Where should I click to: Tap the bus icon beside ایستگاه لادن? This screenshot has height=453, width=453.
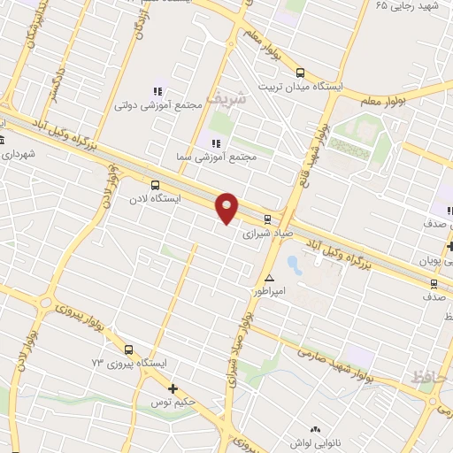156,186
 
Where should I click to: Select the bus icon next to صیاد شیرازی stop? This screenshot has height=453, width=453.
267,218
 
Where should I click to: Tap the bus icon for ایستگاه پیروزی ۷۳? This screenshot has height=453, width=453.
129,349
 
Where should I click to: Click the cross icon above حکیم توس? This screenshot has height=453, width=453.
173,388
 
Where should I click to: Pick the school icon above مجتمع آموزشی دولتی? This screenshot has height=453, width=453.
158,91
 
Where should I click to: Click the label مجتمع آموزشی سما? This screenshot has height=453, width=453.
217,157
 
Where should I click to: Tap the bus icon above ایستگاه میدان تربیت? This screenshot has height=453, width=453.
301,73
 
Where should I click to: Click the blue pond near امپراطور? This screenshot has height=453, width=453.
293,264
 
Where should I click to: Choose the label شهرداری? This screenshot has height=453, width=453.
18,153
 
